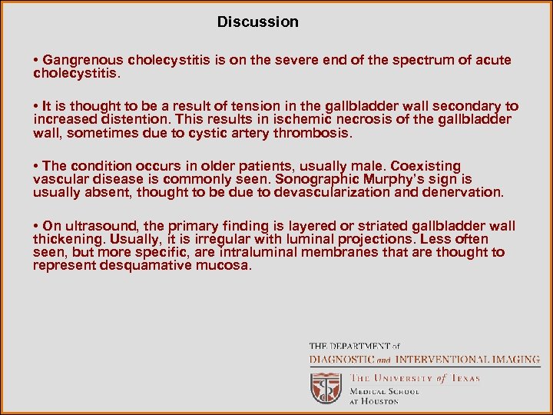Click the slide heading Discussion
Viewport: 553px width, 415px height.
pos(257,22)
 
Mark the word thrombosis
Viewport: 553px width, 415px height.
pos(316,133)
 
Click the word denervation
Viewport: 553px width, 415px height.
pos(463,192)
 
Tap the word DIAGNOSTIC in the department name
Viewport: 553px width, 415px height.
pos(342,360)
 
